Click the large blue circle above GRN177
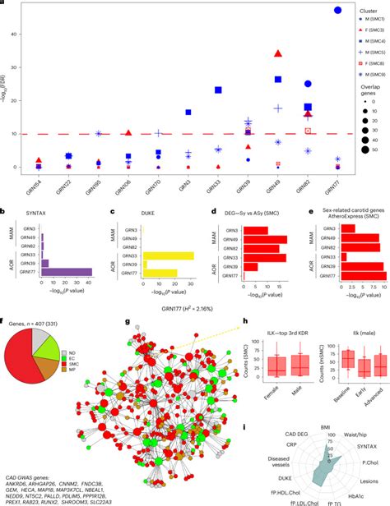(314, 10)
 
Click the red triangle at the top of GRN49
(278, 54)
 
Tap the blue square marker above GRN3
(188, 112)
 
